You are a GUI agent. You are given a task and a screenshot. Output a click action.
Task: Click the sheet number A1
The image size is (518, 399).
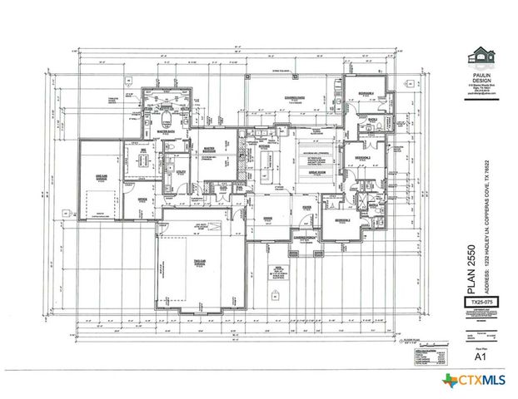coord(480,357)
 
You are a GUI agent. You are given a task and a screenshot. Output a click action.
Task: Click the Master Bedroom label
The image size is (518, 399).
coord(211,150)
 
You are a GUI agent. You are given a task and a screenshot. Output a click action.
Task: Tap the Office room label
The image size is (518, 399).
coord(142,199)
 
